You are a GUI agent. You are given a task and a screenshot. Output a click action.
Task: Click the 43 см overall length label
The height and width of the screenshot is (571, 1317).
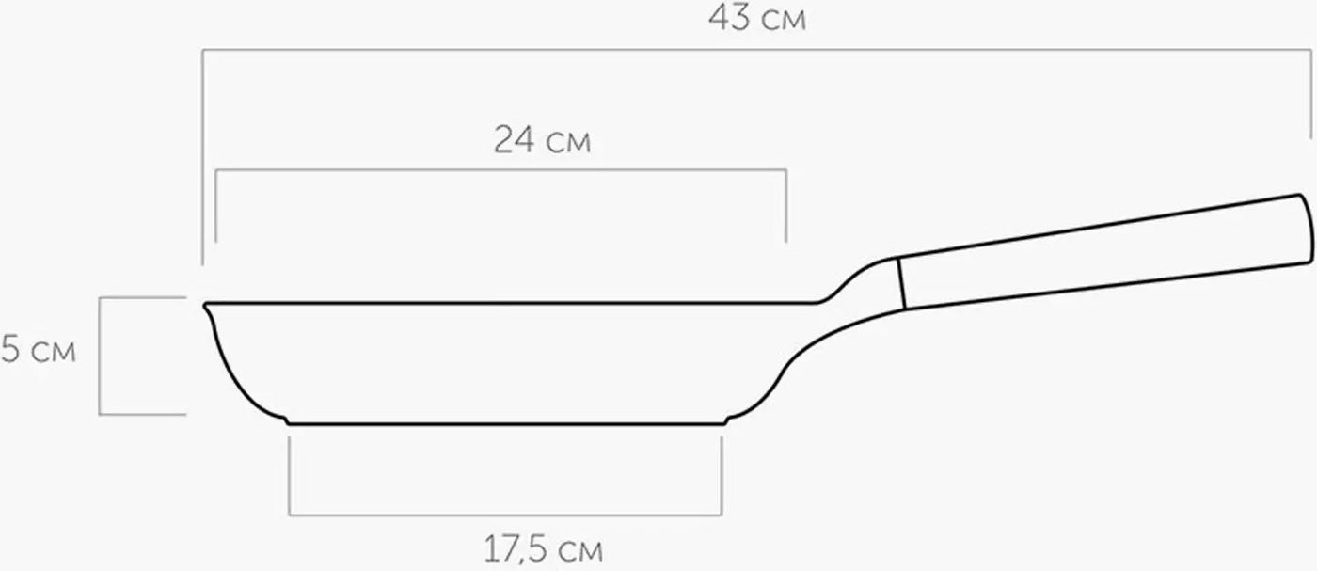coord(756,18)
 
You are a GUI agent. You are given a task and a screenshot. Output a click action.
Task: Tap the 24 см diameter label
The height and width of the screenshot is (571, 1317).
coord(542,140)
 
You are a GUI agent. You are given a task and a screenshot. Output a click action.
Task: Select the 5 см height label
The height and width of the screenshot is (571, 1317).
coord(39,349)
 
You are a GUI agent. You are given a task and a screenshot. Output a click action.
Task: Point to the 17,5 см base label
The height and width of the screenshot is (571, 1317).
coord(544,549)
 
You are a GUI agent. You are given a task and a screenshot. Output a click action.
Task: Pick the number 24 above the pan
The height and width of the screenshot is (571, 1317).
coord(515,140)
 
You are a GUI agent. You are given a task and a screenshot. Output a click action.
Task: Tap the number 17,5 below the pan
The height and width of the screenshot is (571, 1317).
coord(516,549)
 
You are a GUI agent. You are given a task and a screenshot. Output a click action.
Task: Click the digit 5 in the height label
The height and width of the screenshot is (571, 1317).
coord(11,349)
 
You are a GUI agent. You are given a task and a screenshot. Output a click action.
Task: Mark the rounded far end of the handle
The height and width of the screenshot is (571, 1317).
coord(1308,230)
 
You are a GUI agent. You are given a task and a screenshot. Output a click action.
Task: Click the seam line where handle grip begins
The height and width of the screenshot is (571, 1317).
coord(901,283)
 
